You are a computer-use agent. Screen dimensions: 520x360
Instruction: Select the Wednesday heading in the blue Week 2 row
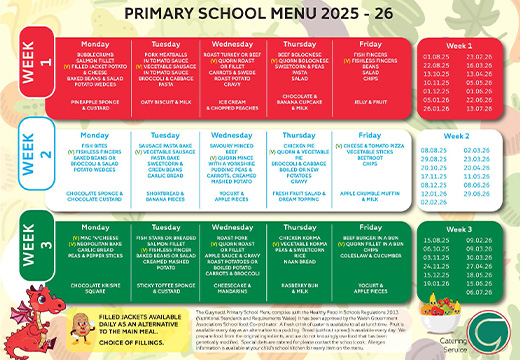click(233, 134)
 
